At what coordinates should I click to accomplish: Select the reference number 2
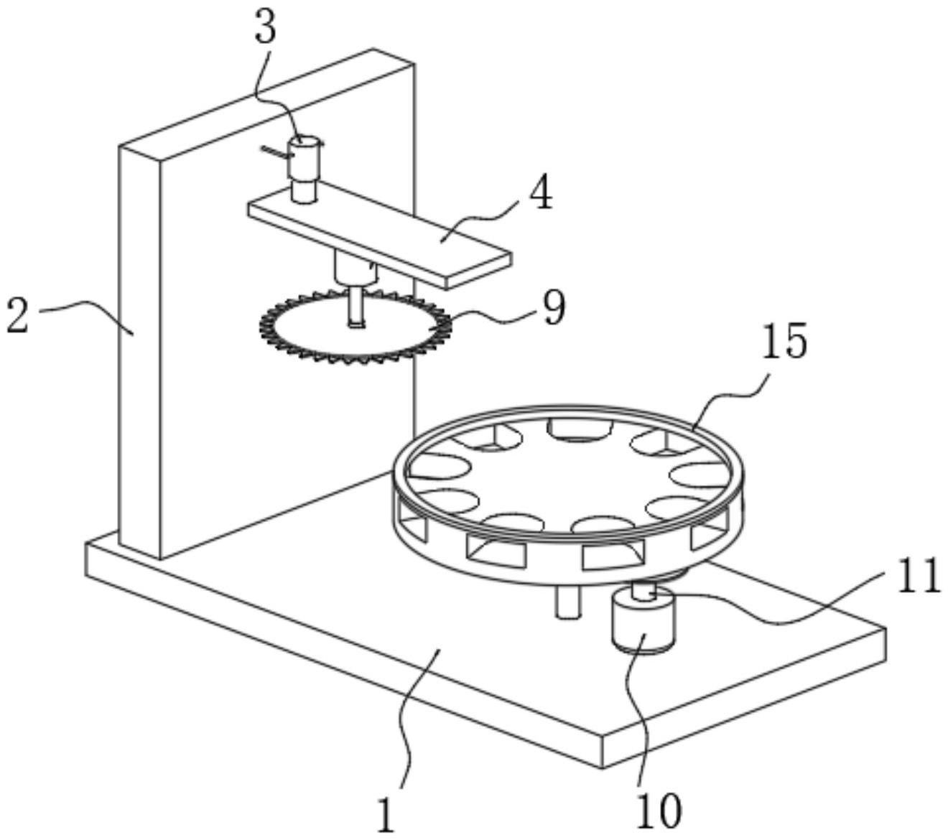(18, 317)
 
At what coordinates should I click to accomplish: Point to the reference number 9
(554, 307)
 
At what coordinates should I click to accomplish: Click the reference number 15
(785, 340)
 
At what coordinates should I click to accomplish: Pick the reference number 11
(919, 576)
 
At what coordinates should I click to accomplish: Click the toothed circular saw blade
(355, 327)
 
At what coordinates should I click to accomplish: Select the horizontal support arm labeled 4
(379, 235)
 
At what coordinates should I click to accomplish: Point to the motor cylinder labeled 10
(643, 621)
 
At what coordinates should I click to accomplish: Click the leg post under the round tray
(568, 603)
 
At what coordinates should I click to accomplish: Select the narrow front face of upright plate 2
(139, 352)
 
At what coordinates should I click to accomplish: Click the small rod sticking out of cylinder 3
(276, 152)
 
